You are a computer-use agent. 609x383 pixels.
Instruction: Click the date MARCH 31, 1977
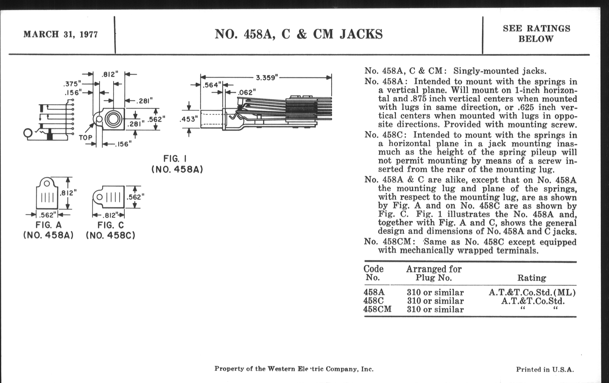(60, 34)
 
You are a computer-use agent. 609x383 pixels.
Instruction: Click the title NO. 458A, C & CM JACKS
(298, 34)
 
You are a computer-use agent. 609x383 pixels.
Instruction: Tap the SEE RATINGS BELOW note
(536, 34)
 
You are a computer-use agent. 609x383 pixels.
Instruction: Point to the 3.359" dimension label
(267, 77)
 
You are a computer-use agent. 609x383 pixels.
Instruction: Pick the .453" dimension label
(188, 119)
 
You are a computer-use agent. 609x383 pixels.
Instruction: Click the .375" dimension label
(72, 84)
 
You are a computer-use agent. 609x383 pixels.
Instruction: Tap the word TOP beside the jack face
(85, 137)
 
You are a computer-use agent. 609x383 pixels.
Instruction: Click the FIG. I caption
(175, 159)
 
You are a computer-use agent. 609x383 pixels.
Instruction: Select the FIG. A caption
(48, 225)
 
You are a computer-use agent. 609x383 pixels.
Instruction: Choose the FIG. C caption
(110, 225)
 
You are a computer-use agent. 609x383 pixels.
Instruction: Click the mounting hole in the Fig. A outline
(47, 183)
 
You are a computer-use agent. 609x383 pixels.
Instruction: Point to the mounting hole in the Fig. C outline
(99, 197)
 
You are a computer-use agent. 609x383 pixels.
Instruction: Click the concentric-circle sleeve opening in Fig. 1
(113, 119)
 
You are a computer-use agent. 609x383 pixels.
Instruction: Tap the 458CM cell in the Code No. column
(377, 309)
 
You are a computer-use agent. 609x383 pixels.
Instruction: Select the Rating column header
(531, 278)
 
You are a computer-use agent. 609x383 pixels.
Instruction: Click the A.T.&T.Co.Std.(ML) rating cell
(532, 292)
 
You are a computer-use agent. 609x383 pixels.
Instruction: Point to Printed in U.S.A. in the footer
(545, 369)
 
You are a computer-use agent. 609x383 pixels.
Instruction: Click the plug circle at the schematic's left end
(28, 133)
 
